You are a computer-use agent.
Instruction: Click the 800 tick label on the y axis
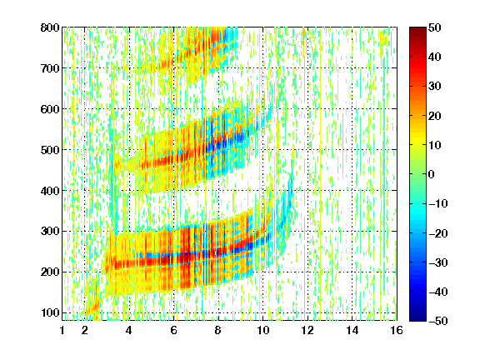[x=50, y=27]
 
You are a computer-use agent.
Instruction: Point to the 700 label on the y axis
[x=50, y=68]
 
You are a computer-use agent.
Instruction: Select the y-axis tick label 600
[x=50, y=109]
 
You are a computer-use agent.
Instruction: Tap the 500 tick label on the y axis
[x=50, y=150]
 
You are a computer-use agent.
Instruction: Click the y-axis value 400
[x=50, y=191]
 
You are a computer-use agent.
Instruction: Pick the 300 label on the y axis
[x=50, y=232]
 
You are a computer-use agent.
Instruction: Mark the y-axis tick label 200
[x=50, y=272]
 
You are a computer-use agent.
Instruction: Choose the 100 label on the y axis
[x=50, y=312]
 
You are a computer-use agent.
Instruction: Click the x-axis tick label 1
[x=62, y=330]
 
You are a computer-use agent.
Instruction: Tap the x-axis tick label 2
[x=85, y=330]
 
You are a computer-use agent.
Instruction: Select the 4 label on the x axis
[x=129, y=330]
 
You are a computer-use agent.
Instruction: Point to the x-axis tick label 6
[x=174, y=330]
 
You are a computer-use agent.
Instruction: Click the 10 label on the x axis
[x=262, y=330]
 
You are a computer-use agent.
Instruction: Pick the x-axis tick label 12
[x=307, y=330]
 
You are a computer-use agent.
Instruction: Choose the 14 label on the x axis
[x=352, y=330]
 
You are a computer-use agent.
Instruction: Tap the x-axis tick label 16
[x=397, y=330]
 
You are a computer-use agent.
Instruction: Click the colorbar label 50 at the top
[x=435, y=27]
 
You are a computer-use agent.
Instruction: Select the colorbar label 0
[x=432, y=174]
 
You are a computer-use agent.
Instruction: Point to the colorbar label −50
[x=438, y=321]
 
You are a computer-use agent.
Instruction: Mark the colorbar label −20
[x=438, y=233]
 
